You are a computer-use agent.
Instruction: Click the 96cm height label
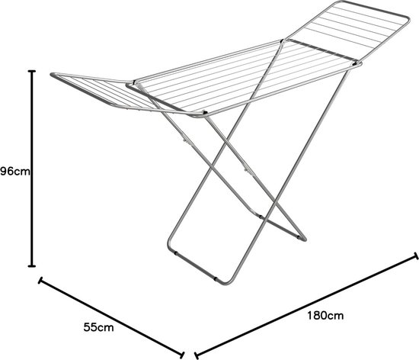click(15, 172)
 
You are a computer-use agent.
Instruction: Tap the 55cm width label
click(98, 327)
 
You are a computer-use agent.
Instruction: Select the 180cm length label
click(325, 316)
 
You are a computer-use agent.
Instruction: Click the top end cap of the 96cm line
click(32, 71)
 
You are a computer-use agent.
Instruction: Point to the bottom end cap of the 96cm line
click(32, 266)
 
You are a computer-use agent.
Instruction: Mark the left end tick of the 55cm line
click(40, 281)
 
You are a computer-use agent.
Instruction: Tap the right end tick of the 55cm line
click(183, 355)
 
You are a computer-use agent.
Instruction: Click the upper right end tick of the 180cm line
click(415, 256)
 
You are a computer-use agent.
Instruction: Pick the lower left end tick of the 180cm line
click(197, 355)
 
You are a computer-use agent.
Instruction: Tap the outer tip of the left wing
click(52, 75)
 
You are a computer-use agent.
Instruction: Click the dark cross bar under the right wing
click(321, 50)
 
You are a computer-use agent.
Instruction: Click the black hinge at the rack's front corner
click(205, 113)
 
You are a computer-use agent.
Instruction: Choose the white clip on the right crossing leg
click(246, 169)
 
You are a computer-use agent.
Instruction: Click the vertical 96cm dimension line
click(32, 169)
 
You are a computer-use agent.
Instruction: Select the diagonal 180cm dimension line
click(306, 306)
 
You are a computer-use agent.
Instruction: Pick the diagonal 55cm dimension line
click(111, 317)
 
